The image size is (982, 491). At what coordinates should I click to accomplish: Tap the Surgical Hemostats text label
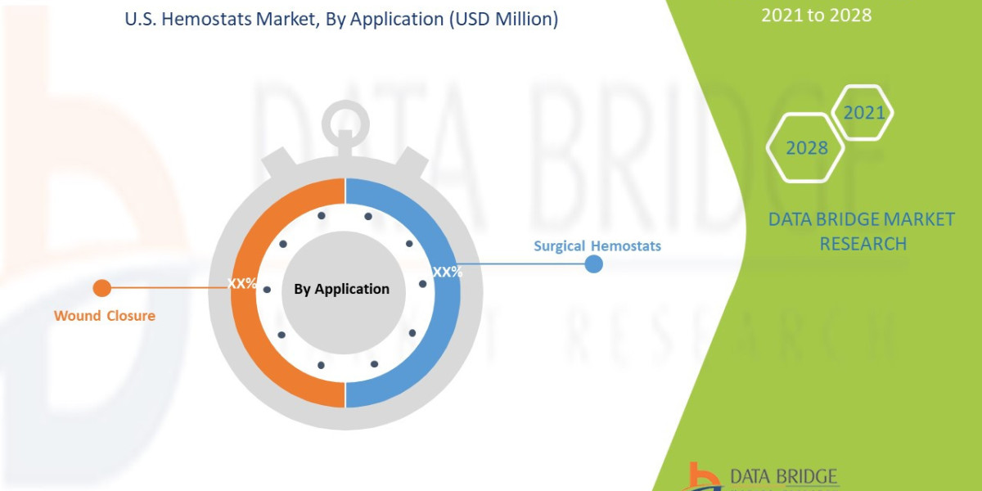597,245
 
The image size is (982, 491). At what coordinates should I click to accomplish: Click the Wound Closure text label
104,315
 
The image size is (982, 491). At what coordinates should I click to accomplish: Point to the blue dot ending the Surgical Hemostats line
594,264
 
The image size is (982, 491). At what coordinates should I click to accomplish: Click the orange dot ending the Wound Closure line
101,288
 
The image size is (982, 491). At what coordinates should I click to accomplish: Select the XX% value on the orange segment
242,284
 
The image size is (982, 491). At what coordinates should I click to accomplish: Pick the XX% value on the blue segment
447,272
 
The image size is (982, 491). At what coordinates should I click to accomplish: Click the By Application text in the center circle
341,289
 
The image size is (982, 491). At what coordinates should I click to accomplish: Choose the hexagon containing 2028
805,148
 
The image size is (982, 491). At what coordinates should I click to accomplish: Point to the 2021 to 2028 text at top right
816,15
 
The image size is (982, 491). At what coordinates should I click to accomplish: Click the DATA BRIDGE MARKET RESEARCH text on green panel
863,232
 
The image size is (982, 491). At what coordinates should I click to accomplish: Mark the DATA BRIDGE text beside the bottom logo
784,476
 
